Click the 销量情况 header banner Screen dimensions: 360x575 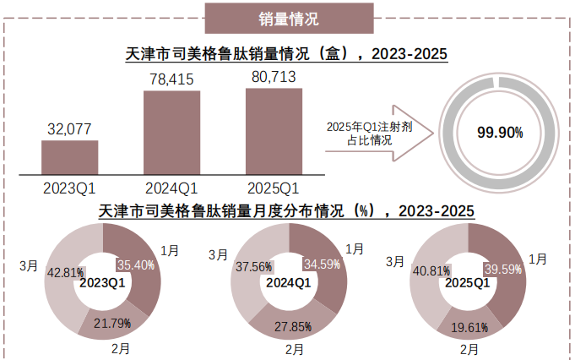coord(288,17)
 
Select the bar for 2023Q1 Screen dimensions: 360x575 coord(70,157)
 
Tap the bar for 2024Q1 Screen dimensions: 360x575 coord(171,132)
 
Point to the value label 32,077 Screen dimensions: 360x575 coord(70,128)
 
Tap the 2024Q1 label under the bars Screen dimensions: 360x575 coord(171,187)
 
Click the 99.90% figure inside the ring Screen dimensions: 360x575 coord(500,133)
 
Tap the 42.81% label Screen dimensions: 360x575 coord(65,272)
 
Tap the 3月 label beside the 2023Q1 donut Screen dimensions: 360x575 coord(28,265)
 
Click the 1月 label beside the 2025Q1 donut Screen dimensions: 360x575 coord(536,259)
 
